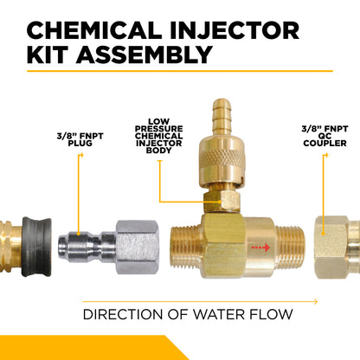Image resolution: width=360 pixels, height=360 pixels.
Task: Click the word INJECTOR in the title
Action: point(235,30)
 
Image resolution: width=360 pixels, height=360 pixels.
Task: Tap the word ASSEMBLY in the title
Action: point(145,55)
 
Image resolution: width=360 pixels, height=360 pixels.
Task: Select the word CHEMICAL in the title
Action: point(94,30)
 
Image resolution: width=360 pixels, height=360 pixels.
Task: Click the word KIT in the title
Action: point(48,55)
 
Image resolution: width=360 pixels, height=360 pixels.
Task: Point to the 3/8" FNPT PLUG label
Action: point(80,139)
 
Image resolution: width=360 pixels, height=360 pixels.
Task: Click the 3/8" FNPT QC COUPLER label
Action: point(325,136)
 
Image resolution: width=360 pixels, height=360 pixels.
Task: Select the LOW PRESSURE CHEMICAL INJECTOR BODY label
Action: point(158,136)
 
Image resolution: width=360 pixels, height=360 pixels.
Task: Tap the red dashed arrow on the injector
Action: point(260,247)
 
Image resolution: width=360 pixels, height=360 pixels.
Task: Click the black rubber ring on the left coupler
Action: point(36,247)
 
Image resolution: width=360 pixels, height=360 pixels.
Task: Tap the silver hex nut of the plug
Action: point(138,247)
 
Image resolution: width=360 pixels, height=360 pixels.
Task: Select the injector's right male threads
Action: point(290,247)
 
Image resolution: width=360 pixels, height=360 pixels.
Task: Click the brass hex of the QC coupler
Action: point(331,247)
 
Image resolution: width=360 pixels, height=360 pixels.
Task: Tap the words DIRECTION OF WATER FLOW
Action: point(188,314)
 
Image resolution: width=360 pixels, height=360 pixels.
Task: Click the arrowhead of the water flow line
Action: point(316,302)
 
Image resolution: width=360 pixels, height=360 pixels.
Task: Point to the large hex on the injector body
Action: point(222,246)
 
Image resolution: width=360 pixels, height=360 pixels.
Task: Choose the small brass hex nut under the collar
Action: point(222,201)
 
